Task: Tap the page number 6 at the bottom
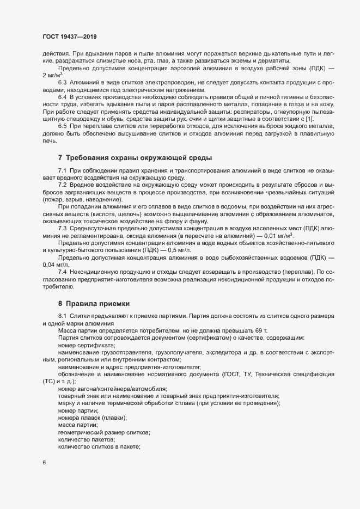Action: pyautogui.click(x=44, y=463)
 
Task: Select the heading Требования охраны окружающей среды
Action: pyautogui.click(x=135, y=158)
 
